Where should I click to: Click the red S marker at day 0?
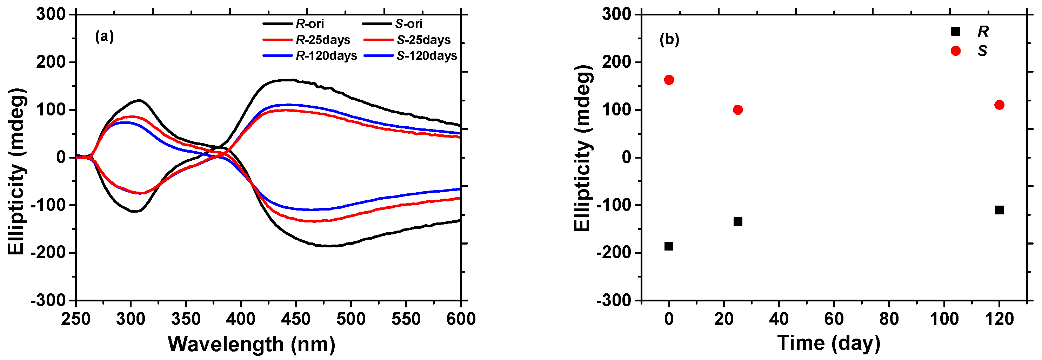tap(669, 80)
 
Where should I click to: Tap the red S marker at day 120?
tap(999, 105)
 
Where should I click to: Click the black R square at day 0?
tap(669, 246)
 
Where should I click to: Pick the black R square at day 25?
tap(737, 222)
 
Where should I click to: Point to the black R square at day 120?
tap(999, 210)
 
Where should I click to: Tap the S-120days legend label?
tap(426, 56)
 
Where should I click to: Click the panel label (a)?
tap(104, 37)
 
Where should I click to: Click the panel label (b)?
tap(669, 40)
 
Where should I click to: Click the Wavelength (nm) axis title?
tap(251, 344)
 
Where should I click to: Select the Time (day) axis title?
tap(828, 343)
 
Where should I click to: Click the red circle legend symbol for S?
tap(955, 51)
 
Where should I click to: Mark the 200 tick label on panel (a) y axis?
tap(51, 62)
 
